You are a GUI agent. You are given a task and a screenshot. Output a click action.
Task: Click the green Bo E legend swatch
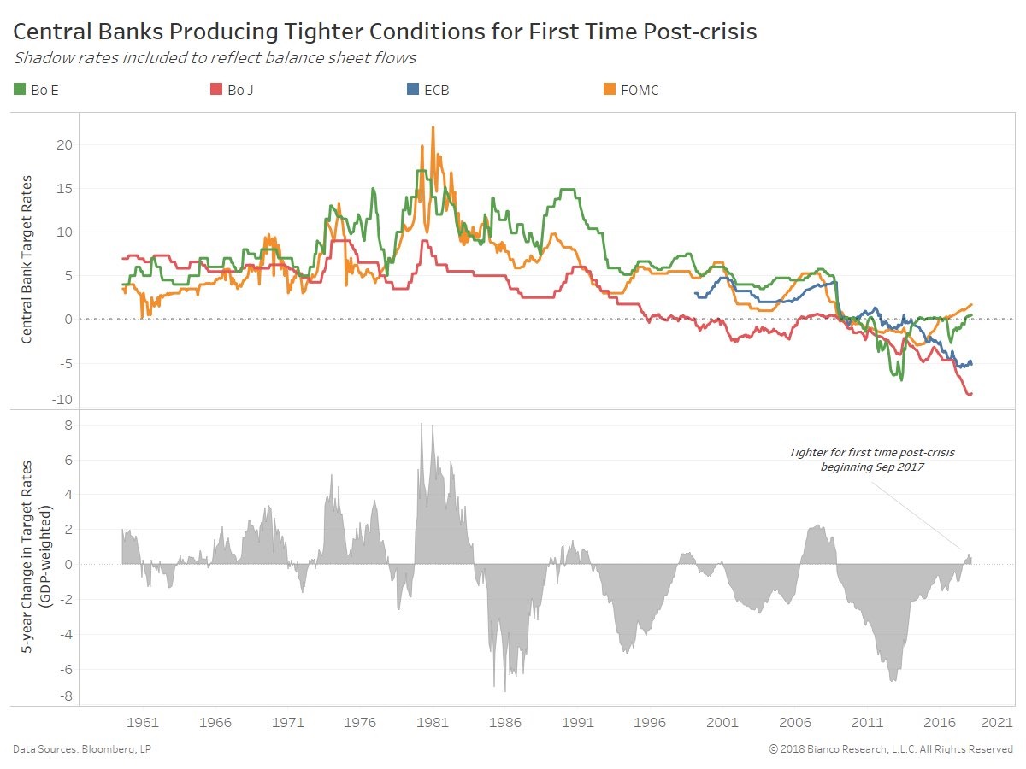point(20,90)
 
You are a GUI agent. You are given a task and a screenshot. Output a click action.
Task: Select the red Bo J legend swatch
point(215,90)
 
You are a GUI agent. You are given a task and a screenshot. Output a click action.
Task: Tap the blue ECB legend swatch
point(411,90)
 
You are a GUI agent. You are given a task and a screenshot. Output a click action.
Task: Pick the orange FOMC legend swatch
point(610,90)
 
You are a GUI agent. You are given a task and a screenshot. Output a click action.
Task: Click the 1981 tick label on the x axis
point(433,722)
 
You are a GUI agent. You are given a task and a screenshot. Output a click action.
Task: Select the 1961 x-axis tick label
point(143,722)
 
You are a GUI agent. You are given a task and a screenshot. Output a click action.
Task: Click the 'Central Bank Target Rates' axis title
point(27,259)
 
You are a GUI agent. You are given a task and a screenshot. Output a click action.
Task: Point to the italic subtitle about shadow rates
point(214,58)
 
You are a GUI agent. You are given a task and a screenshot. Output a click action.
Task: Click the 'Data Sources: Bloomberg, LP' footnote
point(82,749)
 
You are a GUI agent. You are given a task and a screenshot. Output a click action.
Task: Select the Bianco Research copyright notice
point(891,749)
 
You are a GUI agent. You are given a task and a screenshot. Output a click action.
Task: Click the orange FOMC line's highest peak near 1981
point(433,127)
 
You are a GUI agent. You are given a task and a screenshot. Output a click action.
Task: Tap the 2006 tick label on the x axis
point(796,722)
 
